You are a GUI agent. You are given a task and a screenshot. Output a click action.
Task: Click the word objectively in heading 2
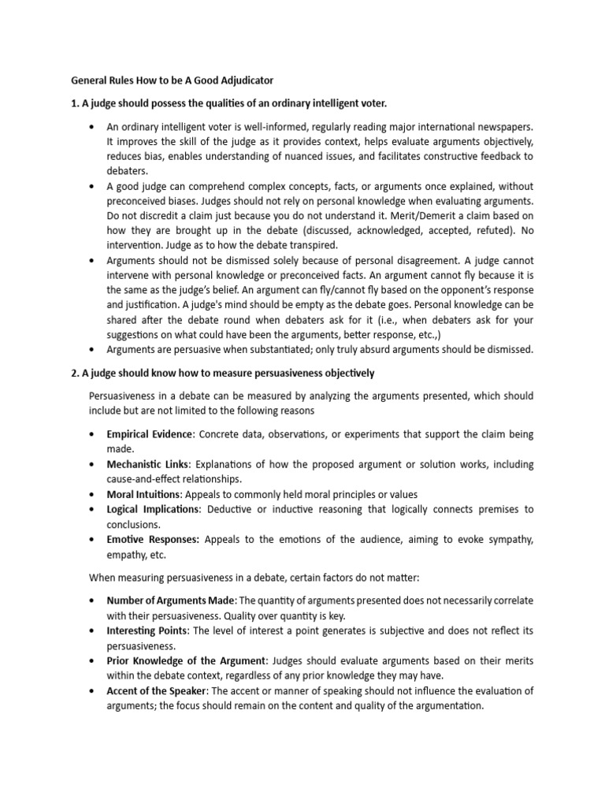(x=342, y=373)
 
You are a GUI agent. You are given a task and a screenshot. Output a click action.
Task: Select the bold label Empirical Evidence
(x=150, y=434)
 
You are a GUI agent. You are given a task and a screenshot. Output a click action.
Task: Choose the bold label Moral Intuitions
(x=144, y=494)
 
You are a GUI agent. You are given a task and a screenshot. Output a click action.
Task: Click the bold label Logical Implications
(x=153, y=510)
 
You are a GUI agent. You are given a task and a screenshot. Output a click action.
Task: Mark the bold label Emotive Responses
(x=154, y=540)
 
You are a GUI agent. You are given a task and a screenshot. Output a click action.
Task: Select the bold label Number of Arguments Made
(x=171, y=601)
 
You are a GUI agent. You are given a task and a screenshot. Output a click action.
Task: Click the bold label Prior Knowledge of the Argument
(x=187, y=661)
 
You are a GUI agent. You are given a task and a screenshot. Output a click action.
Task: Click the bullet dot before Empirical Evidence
(x=94, y=434)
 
